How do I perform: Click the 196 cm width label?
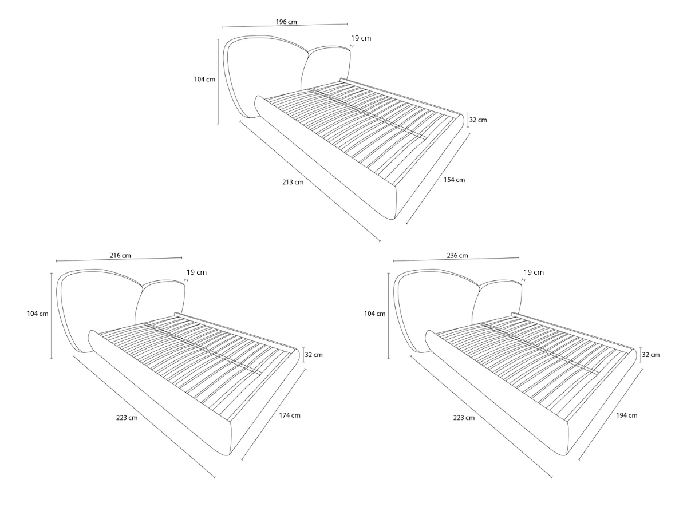click(x=286, y=22)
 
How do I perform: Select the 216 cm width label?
click(x=120, y=255)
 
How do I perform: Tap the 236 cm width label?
click(x=457, y=255)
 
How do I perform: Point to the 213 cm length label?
click(x=293, y=182)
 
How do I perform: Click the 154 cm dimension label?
click(x=454, y=180)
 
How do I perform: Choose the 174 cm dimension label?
click(x=290, y=415)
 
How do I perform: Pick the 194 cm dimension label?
click(x=626, y=415)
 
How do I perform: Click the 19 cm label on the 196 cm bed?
click(x=361, y=38)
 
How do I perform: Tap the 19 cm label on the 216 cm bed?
click(x=196, y=272)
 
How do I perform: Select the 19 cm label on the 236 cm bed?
click(x=534, y=272)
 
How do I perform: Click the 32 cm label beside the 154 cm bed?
click(x=478, y=120)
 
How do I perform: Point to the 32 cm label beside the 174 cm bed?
click(x=314, y=355)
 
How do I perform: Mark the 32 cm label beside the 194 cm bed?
click(x=651, y=355)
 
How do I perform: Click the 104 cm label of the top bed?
click(x=204, y=80)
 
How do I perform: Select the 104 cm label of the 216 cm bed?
click(x=38, y=314)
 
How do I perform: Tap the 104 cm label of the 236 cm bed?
click(x=374, y=314)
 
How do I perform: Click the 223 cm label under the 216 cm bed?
click(x=127, y=418)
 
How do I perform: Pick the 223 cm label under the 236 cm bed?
click(x=464, y=418)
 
